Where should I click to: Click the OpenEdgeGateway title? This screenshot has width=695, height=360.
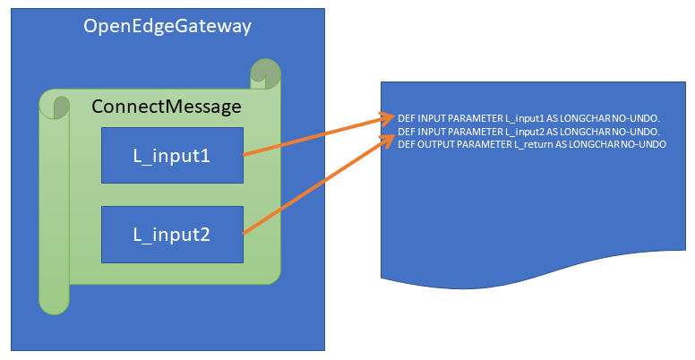pos(167,27)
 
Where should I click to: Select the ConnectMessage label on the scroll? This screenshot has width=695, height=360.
pos(167,107)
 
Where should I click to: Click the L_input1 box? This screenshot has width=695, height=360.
pos(171,155)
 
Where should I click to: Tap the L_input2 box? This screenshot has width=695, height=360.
pos(171,234)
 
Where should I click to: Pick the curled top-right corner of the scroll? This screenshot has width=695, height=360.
pos(266,72)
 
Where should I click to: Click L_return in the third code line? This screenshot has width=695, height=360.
pos(531,144)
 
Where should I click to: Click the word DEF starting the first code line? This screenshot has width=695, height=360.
pos(408,118)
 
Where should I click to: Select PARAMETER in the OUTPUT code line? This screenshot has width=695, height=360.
pos(484,144)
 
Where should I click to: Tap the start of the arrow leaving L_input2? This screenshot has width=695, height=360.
pos(245,233)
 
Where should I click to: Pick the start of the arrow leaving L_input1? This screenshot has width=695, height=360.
pos(245,154)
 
